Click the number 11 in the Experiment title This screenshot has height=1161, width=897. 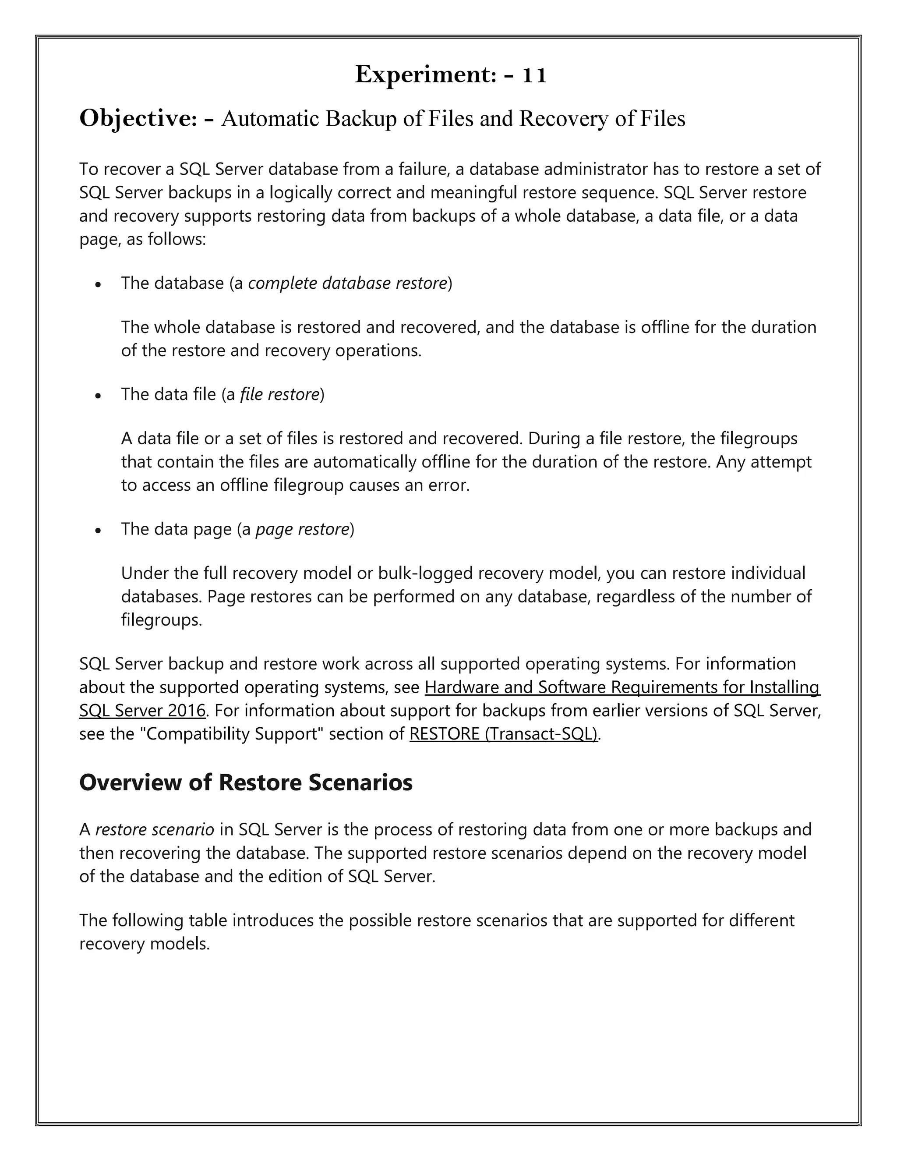coord(533,75)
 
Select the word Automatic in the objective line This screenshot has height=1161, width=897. coord(270,119)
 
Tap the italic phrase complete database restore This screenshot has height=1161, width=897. coord(347,283)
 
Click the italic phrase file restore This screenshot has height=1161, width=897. coord(279,394)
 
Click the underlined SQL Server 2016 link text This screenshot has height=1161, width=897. coord(142,710)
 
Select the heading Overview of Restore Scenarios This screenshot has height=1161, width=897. coord(246,782)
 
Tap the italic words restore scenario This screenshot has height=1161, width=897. coord(155,829)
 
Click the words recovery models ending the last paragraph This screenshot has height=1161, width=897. coord(144,944)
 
